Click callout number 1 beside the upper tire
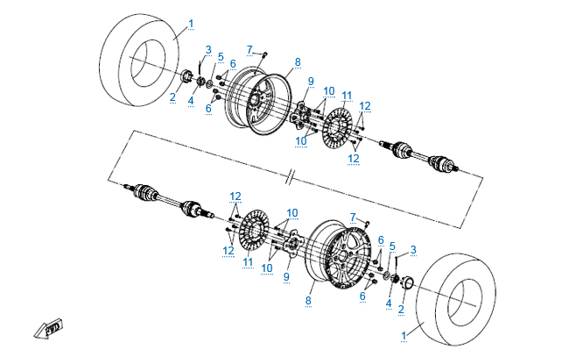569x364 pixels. click(192, 22)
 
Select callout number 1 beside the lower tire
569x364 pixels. click(404, 335)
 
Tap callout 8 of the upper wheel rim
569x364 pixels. click(298, 62)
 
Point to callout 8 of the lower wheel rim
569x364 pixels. click(308, 300)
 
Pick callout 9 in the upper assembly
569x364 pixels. click(310, 82)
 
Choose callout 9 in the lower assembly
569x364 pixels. click(285, 276)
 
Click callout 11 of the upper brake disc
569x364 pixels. click(347, 95)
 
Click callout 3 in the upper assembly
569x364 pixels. click(208, 49)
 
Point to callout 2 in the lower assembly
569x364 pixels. click(402, 309)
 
